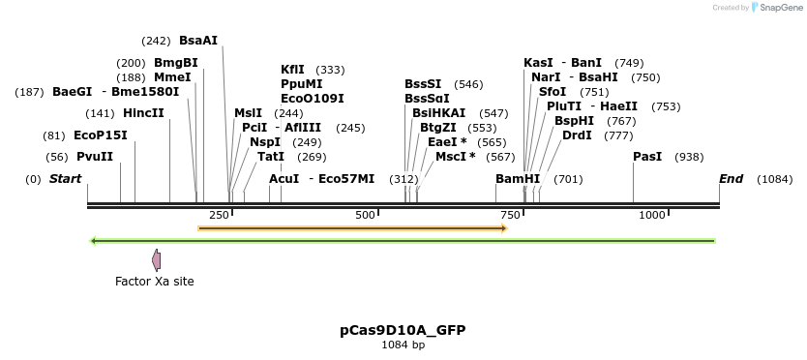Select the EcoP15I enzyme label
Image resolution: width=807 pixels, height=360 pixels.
click(x=100, y=135)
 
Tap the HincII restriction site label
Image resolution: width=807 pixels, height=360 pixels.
click(x=144, y=113)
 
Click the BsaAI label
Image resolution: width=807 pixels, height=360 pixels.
click(x=198, y=41)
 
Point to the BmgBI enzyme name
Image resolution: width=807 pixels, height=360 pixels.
click(x=175, y=63)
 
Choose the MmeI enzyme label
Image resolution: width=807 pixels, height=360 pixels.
click(x=172, y=77)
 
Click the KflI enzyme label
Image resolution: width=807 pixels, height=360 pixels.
click(x=292, y=70)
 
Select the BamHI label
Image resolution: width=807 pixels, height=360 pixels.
click(x=518, y=179)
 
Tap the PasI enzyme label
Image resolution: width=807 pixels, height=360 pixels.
click(x=647, y=157)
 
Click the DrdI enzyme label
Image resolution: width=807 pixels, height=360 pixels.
click(x=577, y=135)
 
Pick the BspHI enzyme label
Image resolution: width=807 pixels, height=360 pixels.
click(x=574, y=121)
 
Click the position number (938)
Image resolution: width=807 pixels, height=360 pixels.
click(x=689, y=157)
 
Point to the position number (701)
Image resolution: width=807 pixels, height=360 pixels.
click(x=568, y=179)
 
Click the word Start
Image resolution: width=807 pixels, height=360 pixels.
click(x=65, y=179)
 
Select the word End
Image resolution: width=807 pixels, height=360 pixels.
click(x=731, y=179)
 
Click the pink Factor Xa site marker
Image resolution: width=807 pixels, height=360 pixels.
click(x=156, y=259)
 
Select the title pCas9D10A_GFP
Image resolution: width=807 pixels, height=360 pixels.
click(x=403, y=330)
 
